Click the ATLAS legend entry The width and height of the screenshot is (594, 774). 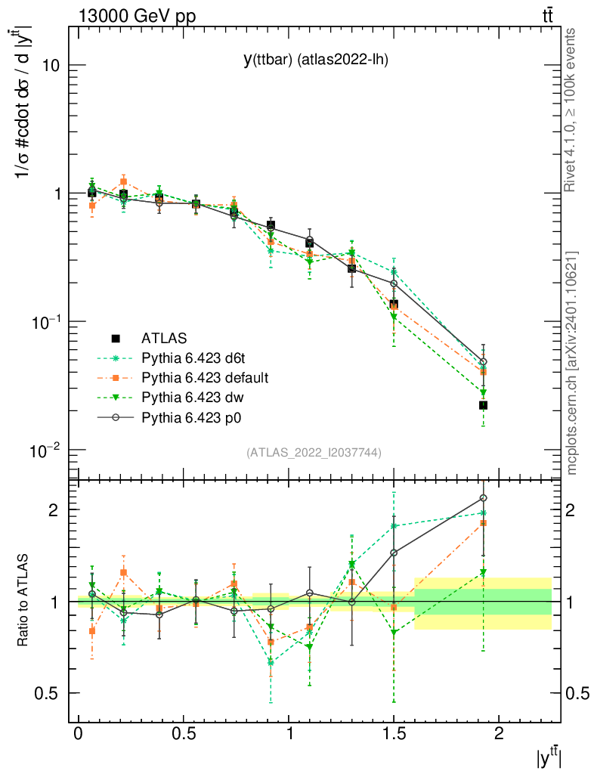pyautogui.click(x=164, y=338)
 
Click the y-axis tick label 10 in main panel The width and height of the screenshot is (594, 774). pyautogui.click(x=50, y=66)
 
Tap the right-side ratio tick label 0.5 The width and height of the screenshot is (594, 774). pyautogui.click(x=577, y=693)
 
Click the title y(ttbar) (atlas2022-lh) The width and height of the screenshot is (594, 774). pyautogui.click(x=315, y=60)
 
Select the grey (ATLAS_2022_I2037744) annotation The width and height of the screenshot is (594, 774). pyautogui.click(x=314, y=453)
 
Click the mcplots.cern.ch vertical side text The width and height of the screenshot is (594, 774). pyautogui.click(x=572, y=363)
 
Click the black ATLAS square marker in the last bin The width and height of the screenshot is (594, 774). pyautogui.click(x=483, y=406)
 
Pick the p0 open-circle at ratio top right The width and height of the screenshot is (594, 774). pyautogui.click(x=483, y=498)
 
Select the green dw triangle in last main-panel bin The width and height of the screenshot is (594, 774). pyautogui.click(x=483, y=393)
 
